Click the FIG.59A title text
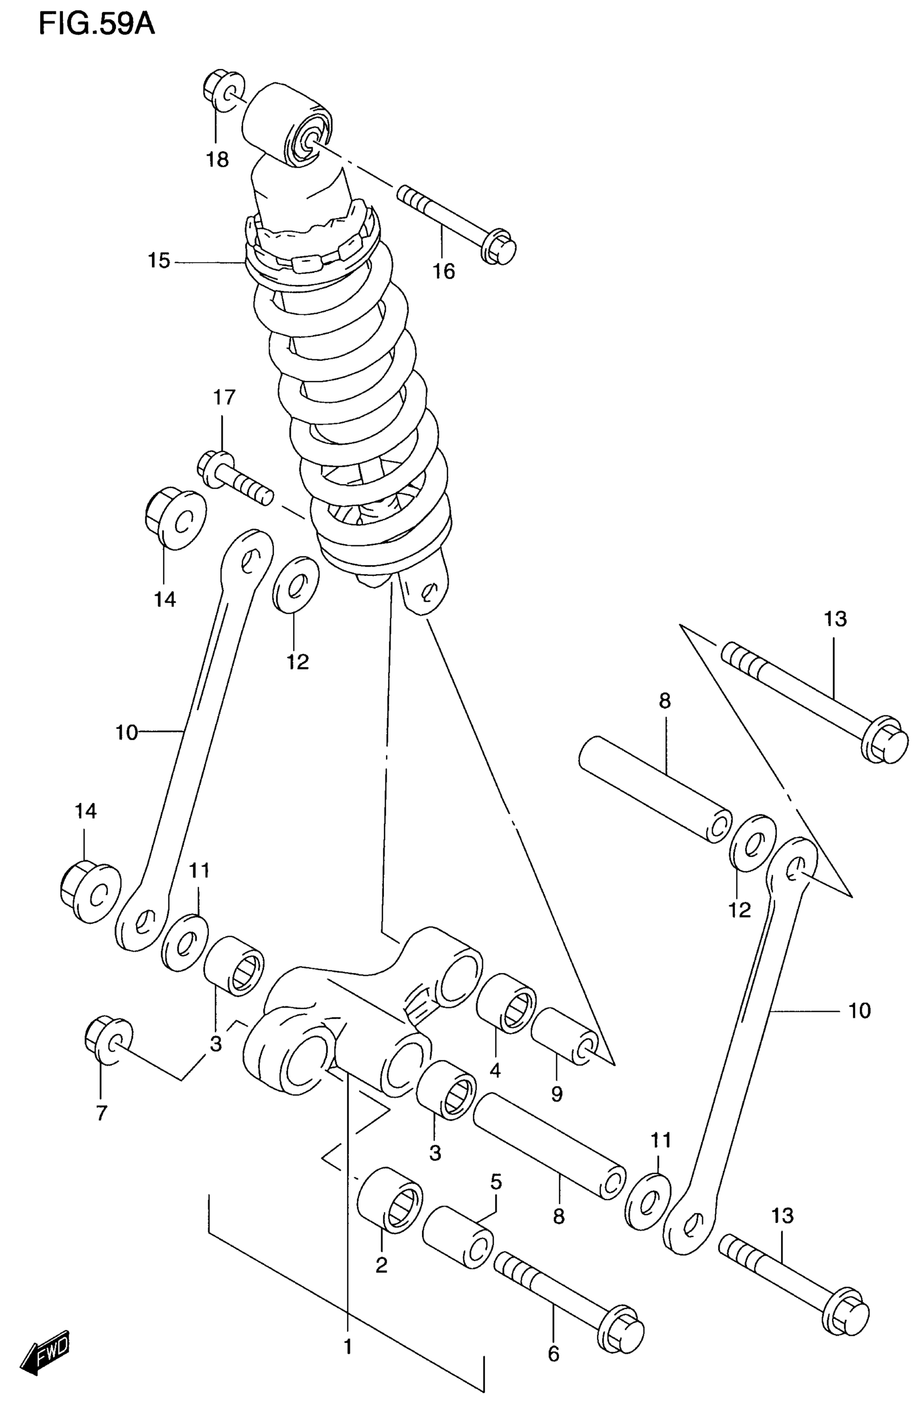pyautogui.click(x=96, y=25)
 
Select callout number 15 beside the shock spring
pyautogui.click(x=159, y=261)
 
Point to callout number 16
pyautogui.click(x=444, y=271)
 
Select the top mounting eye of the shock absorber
pyautogui.click(x=287, y=125)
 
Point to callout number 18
pyautogui.click(x=218, y=159)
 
